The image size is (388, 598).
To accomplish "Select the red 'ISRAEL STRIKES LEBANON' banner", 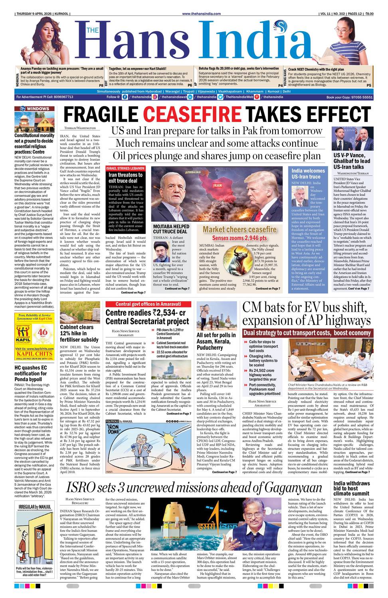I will tap(125, 169).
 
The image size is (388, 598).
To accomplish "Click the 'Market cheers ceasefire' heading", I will tap(239, 229).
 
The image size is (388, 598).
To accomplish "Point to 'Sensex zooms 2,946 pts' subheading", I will tap(239, 238).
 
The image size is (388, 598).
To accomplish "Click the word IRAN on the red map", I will tap(217, 185).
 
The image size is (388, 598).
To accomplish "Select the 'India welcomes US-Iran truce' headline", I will tap(308, 173).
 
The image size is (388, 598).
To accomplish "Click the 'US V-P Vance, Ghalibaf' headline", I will tap(352, 161).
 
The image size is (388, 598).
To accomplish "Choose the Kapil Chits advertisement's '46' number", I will tap(42, 332).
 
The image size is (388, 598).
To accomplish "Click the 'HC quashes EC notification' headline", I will tap(31, 374).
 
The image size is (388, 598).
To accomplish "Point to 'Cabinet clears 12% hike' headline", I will tap(79, 333).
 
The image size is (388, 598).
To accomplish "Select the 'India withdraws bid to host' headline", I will tap(352, 488).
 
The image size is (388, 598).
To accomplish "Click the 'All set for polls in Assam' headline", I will tap(216, 341).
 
